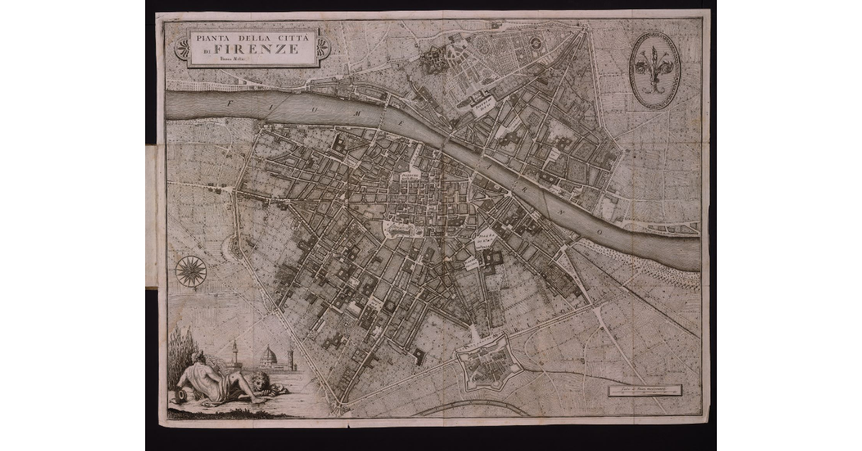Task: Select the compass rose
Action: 191,271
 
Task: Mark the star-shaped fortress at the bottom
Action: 491,366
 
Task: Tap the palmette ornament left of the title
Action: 183,48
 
